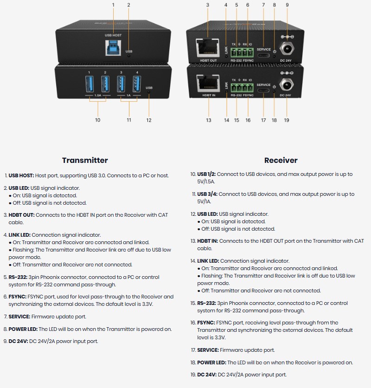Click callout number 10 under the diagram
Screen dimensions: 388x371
(x=97, y=120)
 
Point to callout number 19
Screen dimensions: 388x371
(x=287, y=120)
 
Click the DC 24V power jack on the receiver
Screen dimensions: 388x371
(x=287, y=85)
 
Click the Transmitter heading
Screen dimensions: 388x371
(x=85, y=160)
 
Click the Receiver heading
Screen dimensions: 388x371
(x=281, y=160)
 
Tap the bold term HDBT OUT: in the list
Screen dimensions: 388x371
(x=21, y=215)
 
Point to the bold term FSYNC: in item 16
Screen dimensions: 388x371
(x=206, y=323)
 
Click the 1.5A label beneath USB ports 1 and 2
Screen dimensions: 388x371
(x=98, y=95)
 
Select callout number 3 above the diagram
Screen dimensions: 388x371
(x=207, y=5)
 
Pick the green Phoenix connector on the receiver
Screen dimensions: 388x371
(x=241, y=87)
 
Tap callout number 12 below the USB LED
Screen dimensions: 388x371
(x=149, y=120)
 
